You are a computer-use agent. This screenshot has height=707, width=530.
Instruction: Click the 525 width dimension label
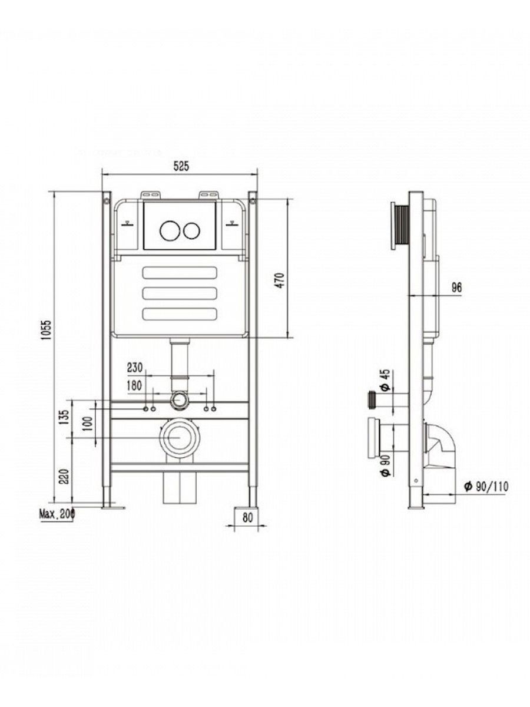coord(181,166)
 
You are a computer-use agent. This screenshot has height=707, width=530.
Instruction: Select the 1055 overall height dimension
coord(47,329)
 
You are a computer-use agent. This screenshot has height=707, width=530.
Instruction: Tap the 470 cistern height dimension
coord(281,280)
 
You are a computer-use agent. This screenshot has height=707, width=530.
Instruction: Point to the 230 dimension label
coord(134,367)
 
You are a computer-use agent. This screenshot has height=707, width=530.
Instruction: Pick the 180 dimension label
coord(134,385)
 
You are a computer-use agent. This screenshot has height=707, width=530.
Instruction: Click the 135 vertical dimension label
coord(64,417)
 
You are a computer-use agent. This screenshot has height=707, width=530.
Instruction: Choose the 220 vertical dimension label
coord(64,477)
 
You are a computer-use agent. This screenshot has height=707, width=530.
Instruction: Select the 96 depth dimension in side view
coord(456,287)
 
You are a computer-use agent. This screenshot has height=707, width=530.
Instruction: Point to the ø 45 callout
coord(386,380)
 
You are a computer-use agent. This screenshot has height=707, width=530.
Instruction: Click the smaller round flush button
coord(192,230)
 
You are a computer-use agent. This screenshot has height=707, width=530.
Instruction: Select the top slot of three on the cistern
coord(180,272)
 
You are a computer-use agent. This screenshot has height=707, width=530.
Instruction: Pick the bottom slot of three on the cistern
coord(180,314)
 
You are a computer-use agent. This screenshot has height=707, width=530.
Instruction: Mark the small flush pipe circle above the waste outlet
coord(180,401)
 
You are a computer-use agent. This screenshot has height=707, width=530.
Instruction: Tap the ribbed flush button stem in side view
coord(402,226)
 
